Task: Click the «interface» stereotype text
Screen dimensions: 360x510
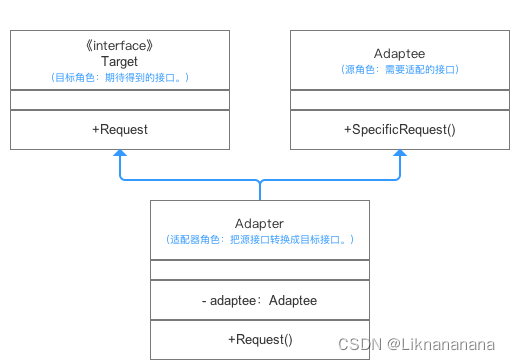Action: point(120,45)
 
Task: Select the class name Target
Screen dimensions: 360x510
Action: point(120,61)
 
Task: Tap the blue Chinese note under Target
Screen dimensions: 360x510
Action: point(120,77)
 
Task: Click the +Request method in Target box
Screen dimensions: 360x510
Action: point(120,129)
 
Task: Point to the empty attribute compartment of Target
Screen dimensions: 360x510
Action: point(120,100)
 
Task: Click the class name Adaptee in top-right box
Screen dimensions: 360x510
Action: point(400,54)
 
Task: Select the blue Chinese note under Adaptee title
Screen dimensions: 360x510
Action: point(400,70)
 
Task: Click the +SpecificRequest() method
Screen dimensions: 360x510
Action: point(400,129)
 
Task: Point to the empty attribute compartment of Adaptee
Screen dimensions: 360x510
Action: point(400,100)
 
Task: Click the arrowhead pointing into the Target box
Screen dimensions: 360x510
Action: point(120,154)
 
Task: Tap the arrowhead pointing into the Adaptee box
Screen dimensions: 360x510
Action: point(400,154)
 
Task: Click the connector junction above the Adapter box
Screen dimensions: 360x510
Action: point(260,182)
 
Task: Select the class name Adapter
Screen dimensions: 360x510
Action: point(260,223)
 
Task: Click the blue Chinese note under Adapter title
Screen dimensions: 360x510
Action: point(260,240)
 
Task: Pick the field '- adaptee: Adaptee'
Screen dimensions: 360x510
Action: point(260,299)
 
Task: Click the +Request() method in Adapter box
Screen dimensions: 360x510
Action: point(260,339)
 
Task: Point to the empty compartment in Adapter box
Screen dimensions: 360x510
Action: point(260,269)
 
